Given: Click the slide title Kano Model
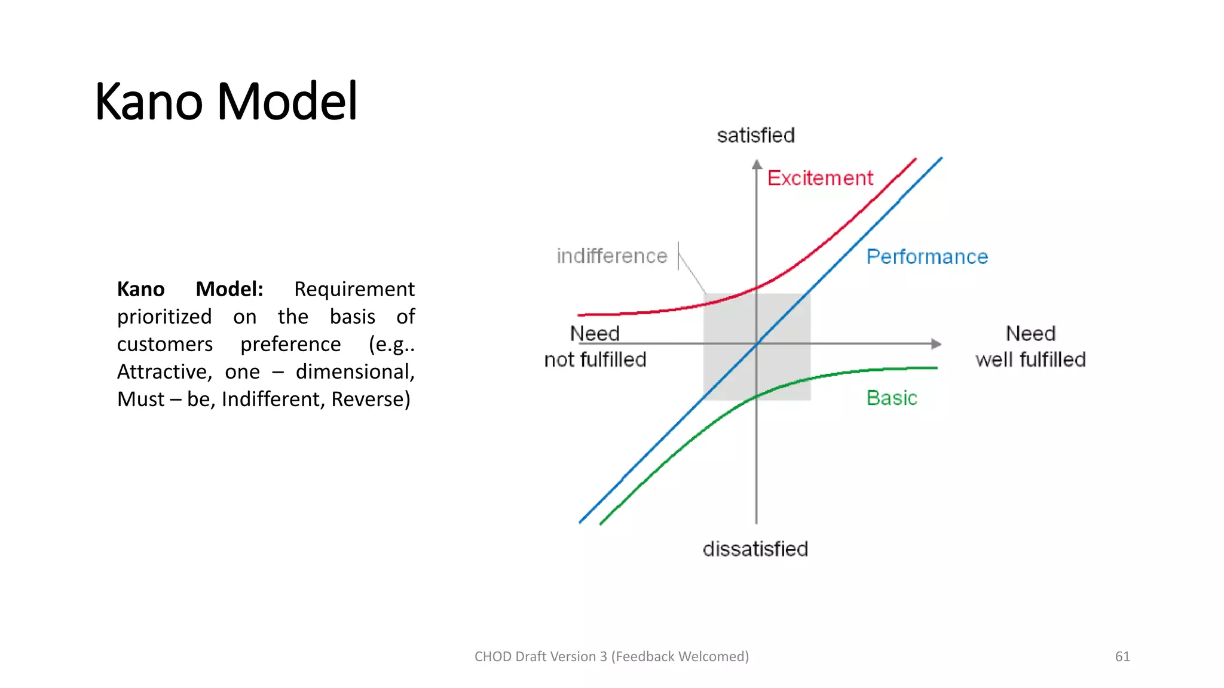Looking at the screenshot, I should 226,102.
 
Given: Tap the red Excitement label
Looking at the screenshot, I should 820,178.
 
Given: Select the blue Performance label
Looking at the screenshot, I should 927,257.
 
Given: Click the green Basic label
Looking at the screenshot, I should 892,398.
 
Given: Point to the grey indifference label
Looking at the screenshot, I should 611,256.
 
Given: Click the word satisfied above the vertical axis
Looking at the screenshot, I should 755,136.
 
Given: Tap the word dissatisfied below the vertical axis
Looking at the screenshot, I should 755,549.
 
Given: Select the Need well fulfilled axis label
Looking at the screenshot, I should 1030,346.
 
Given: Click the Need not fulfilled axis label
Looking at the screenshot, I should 595,346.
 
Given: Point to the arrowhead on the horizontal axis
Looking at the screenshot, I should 937,343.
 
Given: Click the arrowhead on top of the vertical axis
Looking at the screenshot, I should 757,164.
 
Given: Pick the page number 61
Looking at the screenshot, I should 1122,656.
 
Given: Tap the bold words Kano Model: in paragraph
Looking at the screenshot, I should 190,289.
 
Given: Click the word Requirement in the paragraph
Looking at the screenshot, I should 354,289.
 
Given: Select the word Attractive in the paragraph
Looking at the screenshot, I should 164,371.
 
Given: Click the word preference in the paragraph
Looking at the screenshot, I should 290,344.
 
